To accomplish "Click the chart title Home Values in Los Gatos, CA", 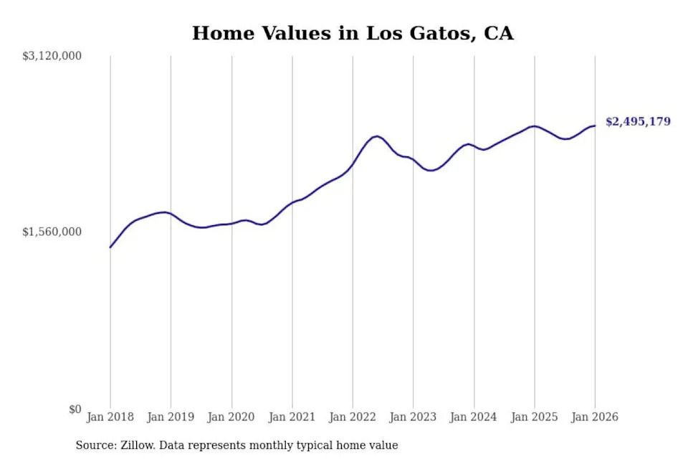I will pos(353,33).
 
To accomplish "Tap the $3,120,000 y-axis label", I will pos(52,56).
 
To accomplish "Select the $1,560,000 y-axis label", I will pos(52,232).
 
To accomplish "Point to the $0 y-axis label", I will pos(75,409).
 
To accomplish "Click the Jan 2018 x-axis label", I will pos(110,417).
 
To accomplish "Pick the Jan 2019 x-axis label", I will pos(171,417).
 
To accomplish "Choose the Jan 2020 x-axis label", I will pos(231,417).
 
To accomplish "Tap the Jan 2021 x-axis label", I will pos(292,417).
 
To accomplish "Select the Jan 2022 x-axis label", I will pos(353,417).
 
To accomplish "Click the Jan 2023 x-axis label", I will pos(413,417).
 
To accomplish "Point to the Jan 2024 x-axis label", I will pos(474,417).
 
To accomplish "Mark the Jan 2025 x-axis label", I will pos(534,417).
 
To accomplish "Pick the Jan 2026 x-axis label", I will pos(595,417).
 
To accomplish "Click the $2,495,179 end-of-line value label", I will pos(638,122).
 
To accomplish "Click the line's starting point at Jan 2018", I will pos(110,247).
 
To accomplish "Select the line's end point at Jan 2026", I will pos(595,126).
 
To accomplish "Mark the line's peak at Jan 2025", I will pos(533,126).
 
